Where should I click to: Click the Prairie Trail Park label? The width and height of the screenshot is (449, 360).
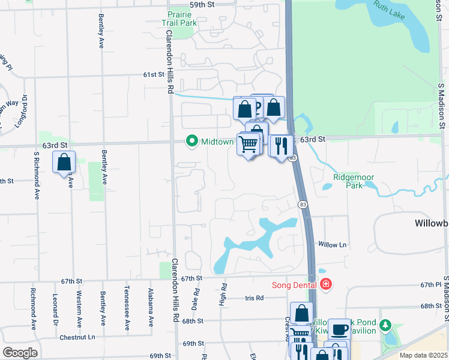click(181, 18)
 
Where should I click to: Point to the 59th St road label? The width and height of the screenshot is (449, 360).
click(202, 4)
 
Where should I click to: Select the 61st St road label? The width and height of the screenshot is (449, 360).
click(153, 74)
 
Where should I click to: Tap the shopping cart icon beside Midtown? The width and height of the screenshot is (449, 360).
click(249, 144)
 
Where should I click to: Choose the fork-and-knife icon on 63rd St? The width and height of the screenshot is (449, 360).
click(281, 145)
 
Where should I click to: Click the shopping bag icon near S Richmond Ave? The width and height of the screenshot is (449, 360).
click(64, 162)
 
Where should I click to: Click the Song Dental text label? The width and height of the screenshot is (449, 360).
click(294, 284)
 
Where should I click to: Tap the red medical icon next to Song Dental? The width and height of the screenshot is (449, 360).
click(326, 284)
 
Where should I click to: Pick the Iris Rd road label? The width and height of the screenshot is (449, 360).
click(255, 298)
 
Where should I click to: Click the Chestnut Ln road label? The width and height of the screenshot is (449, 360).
click(77, 337)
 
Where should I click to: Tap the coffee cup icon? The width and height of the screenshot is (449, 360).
click(339, 329)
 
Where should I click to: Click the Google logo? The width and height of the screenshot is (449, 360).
click(19, 353)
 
